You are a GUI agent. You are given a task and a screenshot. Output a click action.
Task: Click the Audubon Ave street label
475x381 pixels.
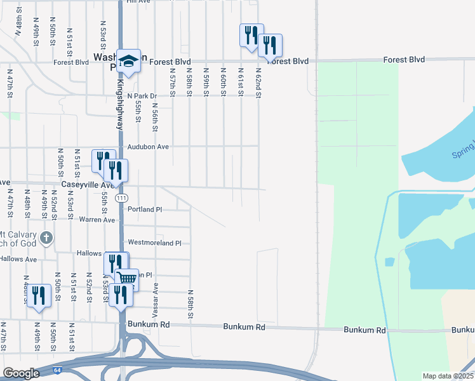click(x=148, y=147)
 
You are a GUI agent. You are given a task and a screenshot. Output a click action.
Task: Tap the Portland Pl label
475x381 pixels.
click(x=145, y=209)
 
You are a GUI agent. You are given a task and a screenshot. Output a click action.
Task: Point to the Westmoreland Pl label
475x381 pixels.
click(x=155, y=243)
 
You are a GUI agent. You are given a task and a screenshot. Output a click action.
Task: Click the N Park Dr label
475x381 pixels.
click(x=142, y=96)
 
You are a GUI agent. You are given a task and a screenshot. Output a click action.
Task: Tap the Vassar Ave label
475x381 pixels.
click(x=154, y=301)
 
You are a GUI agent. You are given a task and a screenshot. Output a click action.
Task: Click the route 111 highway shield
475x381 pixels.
click(x=121, y=198)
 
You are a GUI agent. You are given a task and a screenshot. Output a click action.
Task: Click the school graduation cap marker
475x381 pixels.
click(x=128, y=61)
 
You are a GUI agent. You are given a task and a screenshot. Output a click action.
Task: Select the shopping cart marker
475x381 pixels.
click(x=127, y=277)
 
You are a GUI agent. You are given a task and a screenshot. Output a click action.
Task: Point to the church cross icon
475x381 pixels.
click(x=46, y=238)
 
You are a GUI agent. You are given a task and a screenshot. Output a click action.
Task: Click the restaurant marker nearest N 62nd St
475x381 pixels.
click(x=271, y=45)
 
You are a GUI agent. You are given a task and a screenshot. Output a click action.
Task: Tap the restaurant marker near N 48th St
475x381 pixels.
click(x=39, y=296)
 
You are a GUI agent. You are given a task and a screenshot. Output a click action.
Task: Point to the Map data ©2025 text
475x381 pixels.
click(x=448, y=376)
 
